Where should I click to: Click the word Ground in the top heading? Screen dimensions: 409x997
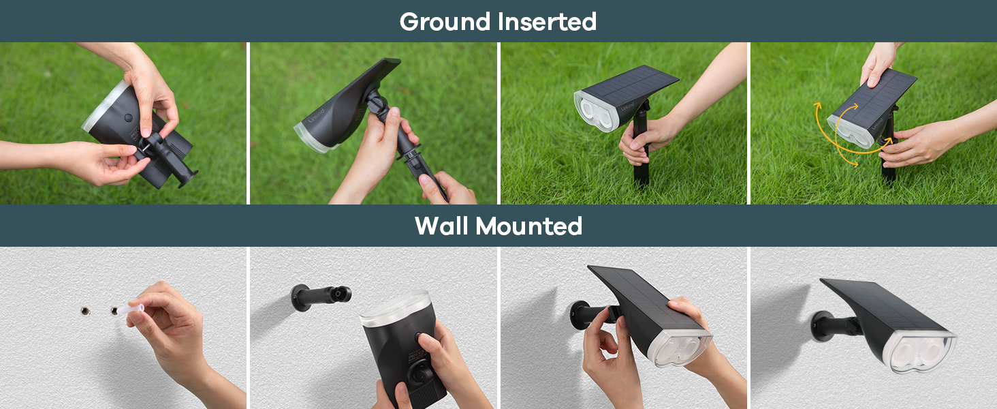click(x=446, y=22)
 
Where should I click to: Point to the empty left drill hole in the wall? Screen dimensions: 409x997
click(x=84, y=311)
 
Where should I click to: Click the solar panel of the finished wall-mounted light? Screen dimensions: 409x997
click(x=879, y=303)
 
